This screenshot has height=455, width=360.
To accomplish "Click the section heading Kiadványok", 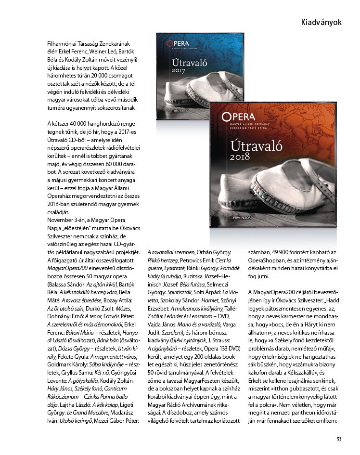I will coord(321,23).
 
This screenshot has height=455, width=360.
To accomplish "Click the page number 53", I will coord(339,438).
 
